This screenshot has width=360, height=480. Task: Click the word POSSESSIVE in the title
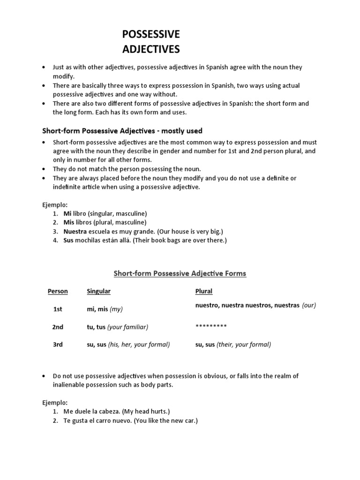click(150, 34)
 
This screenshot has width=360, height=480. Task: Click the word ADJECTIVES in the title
click(150, 49)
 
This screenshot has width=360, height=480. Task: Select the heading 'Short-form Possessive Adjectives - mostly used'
click(123, 131)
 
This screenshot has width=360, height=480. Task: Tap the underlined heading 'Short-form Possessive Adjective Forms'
click(180, 273)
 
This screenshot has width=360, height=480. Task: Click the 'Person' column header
click(58, 291)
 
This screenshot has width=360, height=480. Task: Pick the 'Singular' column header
click(98, 291)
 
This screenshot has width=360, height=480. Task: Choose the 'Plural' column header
click(204, 291)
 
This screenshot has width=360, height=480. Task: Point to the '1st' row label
click(58, 309)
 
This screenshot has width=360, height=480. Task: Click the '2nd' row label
click(58, 327)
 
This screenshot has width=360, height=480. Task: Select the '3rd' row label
click(58, 345)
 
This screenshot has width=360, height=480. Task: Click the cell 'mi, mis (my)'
click(105, 309)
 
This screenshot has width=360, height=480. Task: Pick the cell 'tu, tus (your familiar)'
click(120, 327)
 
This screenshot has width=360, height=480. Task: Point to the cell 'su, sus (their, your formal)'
click(233, 345)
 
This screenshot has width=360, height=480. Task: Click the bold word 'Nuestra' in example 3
click(74, 232)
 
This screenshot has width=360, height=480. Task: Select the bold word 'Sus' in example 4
click(68, 240)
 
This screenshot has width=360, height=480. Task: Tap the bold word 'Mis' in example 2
click(69, 222)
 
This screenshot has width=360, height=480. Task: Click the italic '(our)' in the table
click(309, 305)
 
